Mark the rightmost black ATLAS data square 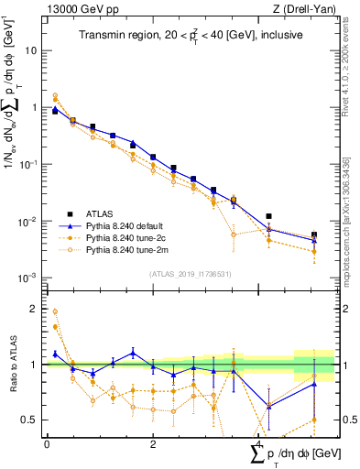tap(314, 234)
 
